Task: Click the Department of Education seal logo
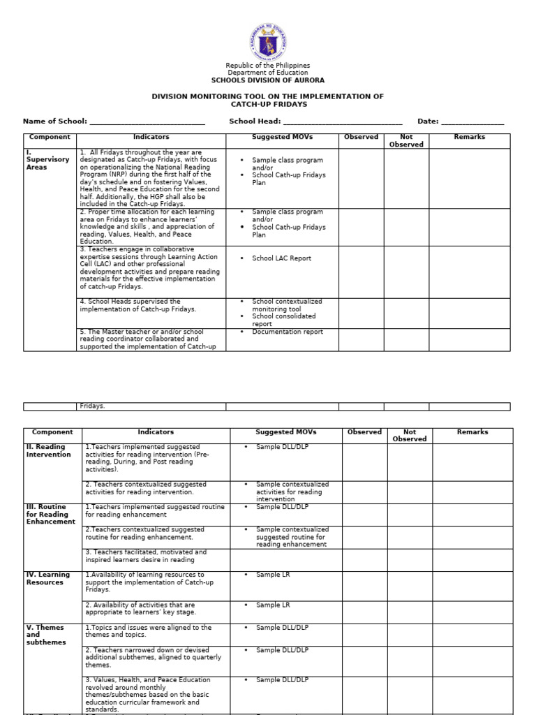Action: coord(268,41)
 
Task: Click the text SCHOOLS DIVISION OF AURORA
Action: coord(268,80)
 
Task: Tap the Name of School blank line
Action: coord(147,121)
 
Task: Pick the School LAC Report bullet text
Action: coord(281,258)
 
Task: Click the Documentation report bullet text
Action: coord(288,332)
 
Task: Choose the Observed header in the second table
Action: coord(364,432)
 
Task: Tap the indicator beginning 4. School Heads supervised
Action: coord(138,305)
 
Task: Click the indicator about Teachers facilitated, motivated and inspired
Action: coord(146,556)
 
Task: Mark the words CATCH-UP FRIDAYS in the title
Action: coord(268,105)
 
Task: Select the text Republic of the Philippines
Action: coord(268,66)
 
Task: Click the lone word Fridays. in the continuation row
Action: coord(92,406)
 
